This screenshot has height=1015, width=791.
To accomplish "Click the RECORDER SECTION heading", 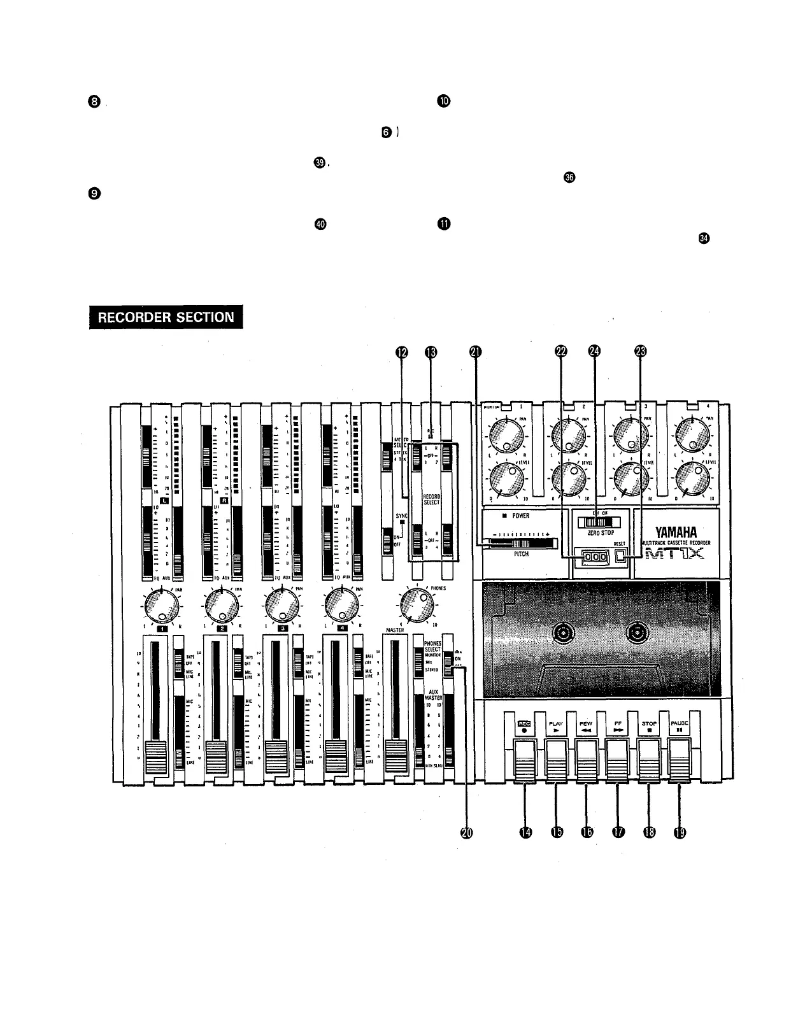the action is coord(166,317).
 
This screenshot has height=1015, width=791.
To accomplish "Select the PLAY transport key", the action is coord(556,763).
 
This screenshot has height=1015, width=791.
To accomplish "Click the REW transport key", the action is coord(587,763).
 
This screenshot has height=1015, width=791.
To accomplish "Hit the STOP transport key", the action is coord(649,763).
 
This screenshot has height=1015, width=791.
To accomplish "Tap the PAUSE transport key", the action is coord(680,763).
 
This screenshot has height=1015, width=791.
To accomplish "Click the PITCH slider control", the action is coord(519,543).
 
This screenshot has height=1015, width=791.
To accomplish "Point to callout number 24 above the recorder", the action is coord(594,351).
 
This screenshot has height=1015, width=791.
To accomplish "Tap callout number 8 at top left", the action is coord(94,101).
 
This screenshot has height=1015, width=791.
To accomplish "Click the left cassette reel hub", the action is coord(564,633).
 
